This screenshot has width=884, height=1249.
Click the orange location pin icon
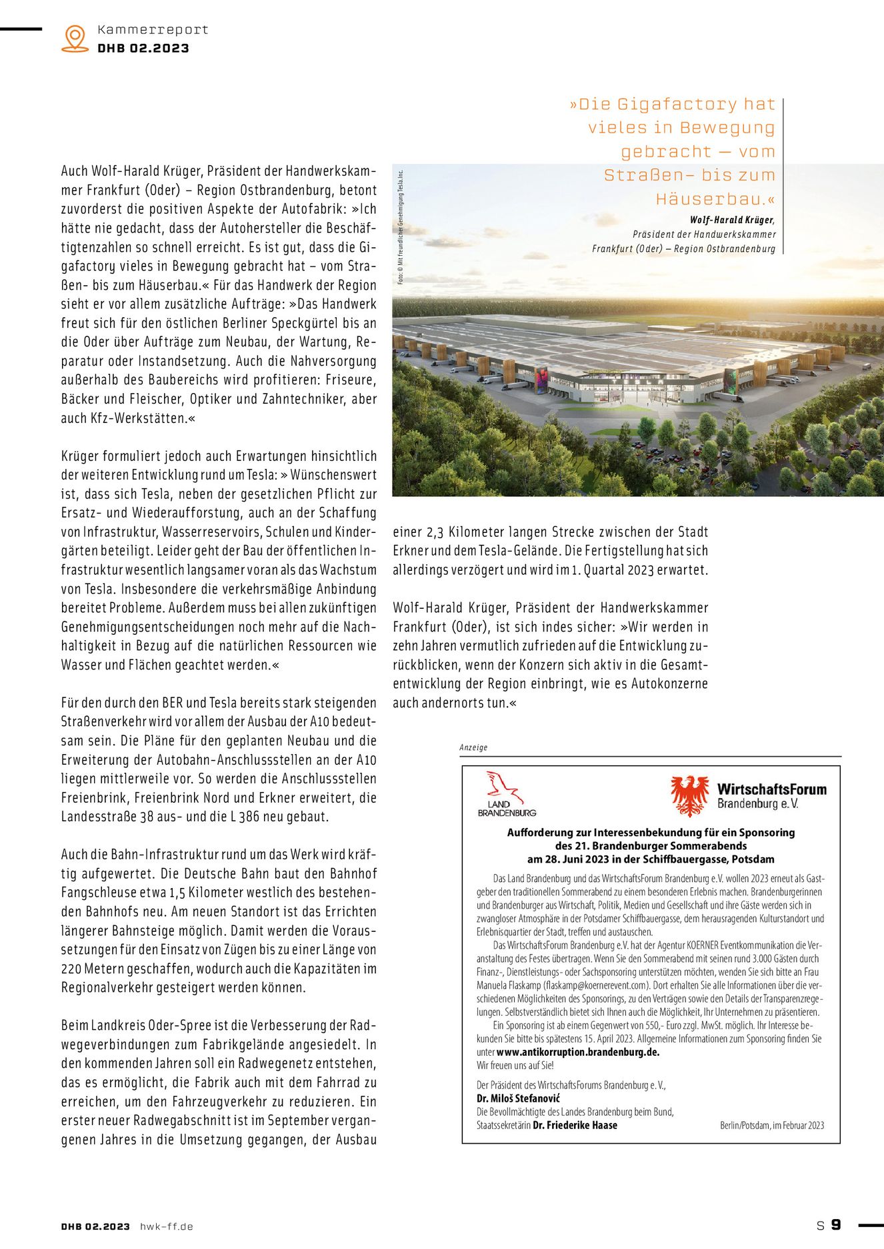75,38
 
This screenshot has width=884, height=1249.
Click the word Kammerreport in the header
153,29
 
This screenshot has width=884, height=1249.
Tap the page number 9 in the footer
836,1224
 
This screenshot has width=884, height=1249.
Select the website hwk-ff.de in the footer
167,1226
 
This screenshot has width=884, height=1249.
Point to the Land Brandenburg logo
507,794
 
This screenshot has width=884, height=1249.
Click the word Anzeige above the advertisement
473,747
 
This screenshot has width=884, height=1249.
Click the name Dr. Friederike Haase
575,1125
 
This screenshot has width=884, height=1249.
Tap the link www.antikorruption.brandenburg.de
577,1052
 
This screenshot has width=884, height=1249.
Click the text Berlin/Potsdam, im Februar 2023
772,1125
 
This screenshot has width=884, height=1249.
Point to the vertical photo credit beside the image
401,227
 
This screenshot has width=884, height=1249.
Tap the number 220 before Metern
71,969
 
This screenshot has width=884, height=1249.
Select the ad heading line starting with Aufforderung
651,832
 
